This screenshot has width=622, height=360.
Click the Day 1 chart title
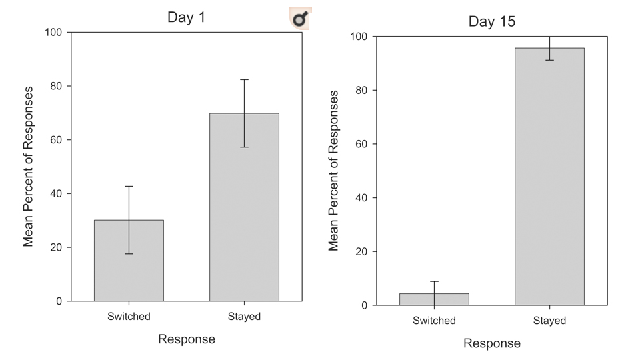186,18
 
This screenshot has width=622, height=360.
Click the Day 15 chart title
492,21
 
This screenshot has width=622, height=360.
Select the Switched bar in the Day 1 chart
129,261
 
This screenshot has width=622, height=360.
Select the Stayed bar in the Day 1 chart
244,207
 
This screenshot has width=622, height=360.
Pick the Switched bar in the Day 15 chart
434,299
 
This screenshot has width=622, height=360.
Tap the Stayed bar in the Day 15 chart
549,177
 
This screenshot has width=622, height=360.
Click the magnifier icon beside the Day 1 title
300,19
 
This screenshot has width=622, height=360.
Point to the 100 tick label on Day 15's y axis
359,36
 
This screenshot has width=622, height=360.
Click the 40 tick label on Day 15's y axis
362,198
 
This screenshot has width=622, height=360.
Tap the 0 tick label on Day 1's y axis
59,301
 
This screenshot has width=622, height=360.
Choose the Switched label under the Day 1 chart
129,317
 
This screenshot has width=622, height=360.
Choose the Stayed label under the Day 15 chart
549,321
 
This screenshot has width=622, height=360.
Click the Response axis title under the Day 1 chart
187,339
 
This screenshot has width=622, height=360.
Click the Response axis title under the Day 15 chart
492,343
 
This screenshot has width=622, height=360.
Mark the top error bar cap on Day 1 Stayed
244,80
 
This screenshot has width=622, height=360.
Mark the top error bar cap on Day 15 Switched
434,281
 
